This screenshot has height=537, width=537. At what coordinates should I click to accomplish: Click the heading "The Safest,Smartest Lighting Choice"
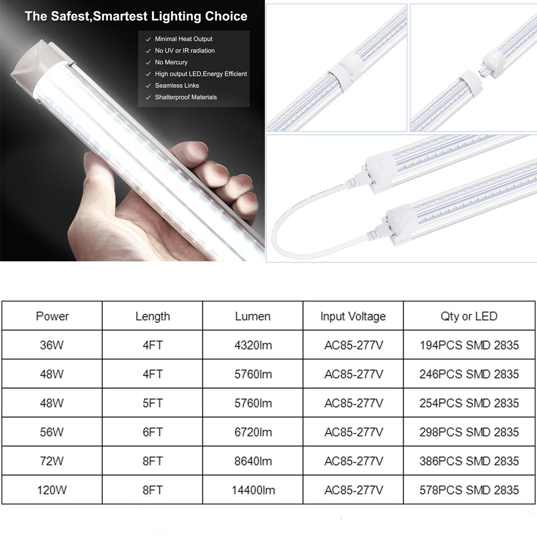[136, 16]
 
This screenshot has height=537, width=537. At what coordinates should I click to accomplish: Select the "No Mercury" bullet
[171, 62]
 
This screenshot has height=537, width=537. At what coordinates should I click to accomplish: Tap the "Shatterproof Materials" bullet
[186, 97]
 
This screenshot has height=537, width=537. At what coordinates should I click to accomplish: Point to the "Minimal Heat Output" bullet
[183, 39]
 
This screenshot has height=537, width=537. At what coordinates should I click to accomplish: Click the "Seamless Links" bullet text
[177, 86]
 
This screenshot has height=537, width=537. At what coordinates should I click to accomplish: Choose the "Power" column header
[52, 316]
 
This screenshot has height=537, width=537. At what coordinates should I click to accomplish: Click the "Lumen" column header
[253, 316]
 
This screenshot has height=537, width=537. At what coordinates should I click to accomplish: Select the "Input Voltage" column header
[353, 316]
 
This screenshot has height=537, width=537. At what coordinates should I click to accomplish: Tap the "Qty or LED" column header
[469, 316]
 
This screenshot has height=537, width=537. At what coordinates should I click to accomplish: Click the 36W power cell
[52, 345]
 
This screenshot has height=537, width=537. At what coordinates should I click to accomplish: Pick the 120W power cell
[52, 491]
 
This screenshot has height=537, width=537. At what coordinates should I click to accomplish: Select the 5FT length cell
[153, 403]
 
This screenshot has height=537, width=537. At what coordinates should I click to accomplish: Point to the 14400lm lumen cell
[253, 491]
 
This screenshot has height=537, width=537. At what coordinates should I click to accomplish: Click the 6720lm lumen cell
[253, 432]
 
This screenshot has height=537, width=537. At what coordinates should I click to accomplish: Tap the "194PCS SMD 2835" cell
[469, 345]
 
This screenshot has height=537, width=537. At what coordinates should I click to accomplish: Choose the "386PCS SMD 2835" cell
[469, 461]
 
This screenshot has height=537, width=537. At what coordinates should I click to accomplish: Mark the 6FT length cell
[153, 432]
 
